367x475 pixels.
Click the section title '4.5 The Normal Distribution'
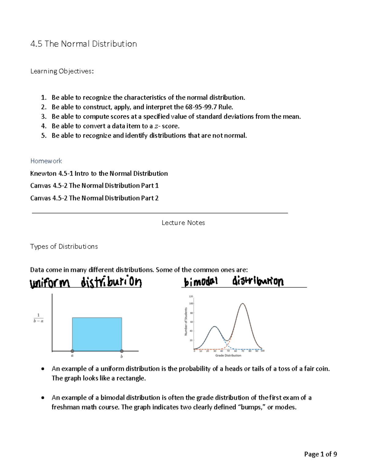[x=83, y=44]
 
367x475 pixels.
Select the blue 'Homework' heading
[x=46, y=161]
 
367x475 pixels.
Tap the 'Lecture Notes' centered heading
[x=183, y=223]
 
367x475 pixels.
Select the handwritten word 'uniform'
[x=50, y=283]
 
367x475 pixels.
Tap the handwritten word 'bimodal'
[x=201, y=281]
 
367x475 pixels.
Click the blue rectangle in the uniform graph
[x=97, y=334]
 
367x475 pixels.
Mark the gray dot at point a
[x=72, y=351]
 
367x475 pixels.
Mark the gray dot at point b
[x=122, y=351]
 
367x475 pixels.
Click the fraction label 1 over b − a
[x=38, y=318]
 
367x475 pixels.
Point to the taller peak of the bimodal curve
[x=243, y=304]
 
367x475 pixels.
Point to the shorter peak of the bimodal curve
[x=215, y=327]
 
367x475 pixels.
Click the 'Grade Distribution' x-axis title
[x=228, y=355]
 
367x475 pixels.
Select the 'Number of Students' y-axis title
[x=186, y=321]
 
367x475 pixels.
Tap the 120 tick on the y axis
[x=191, y=296]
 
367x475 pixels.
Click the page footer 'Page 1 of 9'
[x=321, y=454]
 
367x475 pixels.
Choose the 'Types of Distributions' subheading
[x=64, y=247]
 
